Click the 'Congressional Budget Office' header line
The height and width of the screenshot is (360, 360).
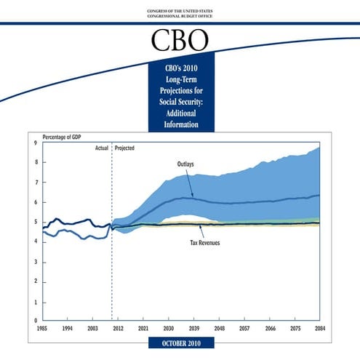[180, 15]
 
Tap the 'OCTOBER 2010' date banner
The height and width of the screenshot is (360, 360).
[180, 343]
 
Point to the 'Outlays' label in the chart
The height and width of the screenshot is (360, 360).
[186, 164]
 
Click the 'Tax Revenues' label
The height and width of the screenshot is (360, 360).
[204, 242]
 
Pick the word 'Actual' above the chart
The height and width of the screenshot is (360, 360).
[102, 148]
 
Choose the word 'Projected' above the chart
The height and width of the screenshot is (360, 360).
[124, 148]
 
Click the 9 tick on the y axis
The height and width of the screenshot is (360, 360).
[36, 143]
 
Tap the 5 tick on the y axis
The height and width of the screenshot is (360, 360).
[36, 222]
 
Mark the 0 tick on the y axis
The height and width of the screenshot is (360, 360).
[36, 321]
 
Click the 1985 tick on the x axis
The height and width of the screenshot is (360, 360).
[43, 329]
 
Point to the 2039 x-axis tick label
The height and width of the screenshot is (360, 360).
[193, 329]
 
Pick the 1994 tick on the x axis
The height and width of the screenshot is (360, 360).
[68, 329]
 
